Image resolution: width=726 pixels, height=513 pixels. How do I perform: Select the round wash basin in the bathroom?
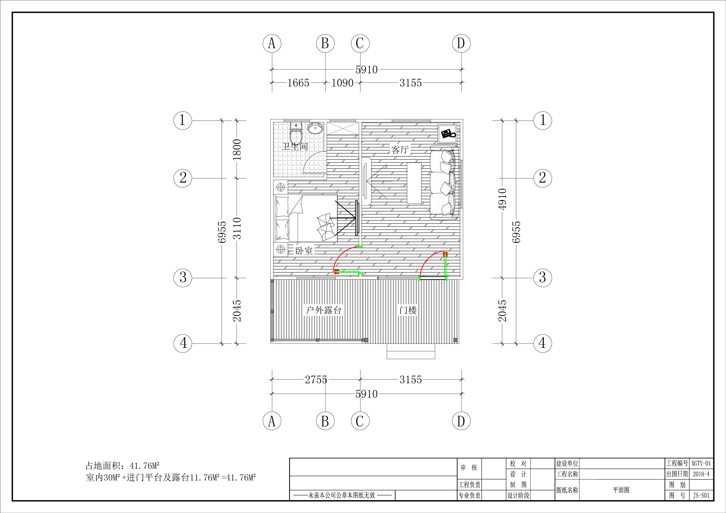315,128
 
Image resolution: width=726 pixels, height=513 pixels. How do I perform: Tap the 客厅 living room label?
400,149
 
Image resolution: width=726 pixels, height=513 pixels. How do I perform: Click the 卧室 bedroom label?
304,251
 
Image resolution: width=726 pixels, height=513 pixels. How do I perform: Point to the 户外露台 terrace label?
324,310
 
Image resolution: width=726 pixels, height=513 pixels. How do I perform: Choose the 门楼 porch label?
408,310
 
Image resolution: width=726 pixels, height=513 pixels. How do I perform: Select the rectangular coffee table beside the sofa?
414,183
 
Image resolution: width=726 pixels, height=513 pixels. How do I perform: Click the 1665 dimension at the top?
298,83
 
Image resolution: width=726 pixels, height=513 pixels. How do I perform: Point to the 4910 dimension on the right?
502,199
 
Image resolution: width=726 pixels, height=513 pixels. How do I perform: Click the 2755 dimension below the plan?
316,379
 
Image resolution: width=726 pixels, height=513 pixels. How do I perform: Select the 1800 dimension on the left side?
237,149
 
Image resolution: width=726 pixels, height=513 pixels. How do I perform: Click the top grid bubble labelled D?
461,43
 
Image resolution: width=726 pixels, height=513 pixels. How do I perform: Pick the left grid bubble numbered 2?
183,178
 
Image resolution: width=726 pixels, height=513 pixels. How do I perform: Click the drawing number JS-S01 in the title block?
701,495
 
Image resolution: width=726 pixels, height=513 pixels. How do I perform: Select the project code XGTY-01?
701,463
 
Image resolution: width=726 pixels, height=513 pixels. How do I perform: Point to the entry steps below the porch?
411,351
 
